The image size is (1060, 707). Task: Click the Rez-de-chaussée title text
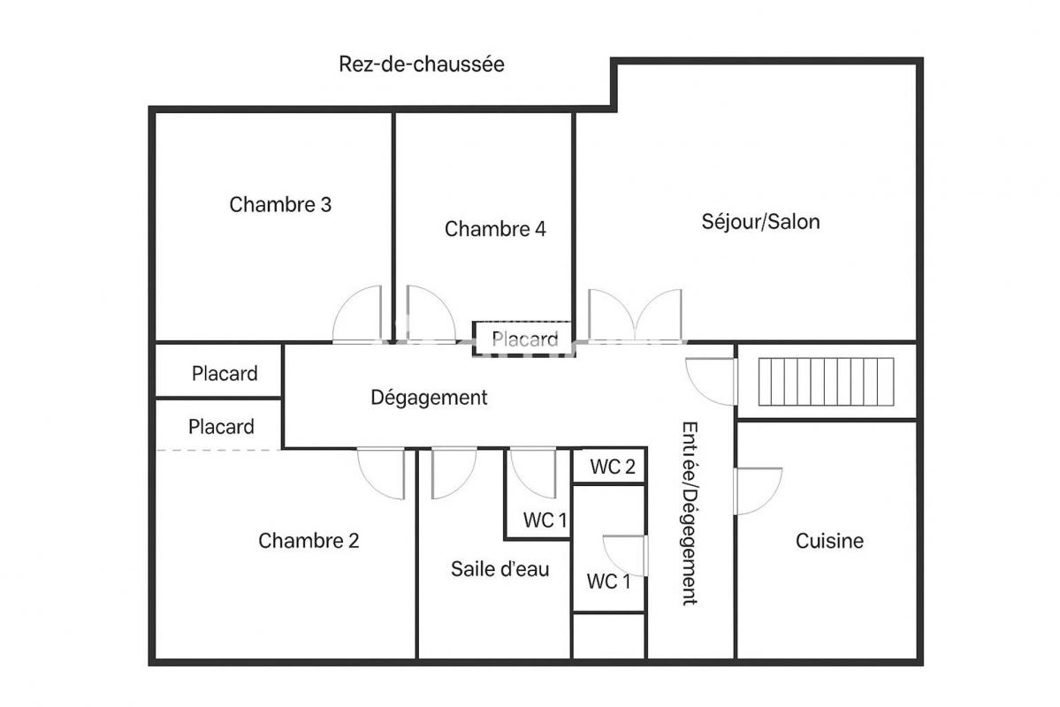pyautogui.click(x=421, y=65)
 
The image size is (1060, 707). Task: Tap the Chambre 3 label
pyautogui.click(x=280, y=204)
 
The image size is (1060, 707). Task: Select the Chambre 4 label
pyautogui.click(x=495, y=229)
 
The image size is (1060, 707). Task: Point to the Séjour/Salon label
pyautogui.click(x=760, y=222)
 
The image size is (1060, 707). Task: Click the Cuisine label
pyautogui.click(x=829, y=541)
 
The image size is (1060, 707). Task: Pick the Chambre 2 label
pyautogui.click(x=309, y=541)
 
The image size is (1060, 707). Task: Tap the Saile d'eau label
pyautogui.click(x=499, y=569)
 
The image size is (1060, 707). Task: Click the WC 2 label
pyautogui.click(x=613, y=467)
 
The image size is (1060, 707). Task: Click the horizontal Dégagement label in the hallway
pyautogui.click(x=429, y=398)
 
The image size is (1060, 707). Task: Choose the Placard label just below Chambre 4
pyautogui.click(x=524, y=339)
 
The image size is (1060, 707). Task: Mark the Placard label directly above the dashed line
pyautogui.click(x=221, y=427)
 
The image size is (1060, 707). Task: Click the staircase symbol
pyautogui.click(x=826, y=382)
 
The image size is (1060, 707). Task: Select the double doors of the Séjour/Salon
pyautogui.click(x=635, y=315)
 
